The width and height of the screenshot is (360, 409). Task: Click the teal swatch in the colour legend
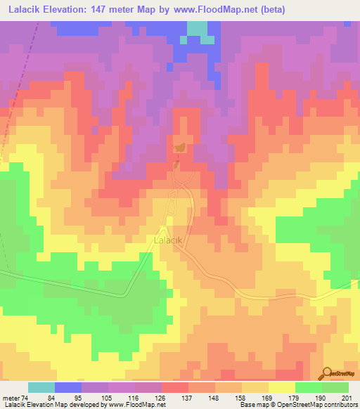click(x=41, y=387)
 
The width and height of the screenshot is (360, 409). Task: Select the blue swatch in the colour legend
click(x=68, y=387)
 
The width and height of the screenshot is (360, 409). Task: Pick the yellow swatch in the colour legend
click(x=282, y=387)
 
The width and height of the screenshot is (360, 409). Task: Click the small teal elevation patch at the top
click(x=198, y=28)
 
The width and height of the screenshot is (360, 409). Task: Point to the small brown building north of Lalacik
click(x=180, y=148)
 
